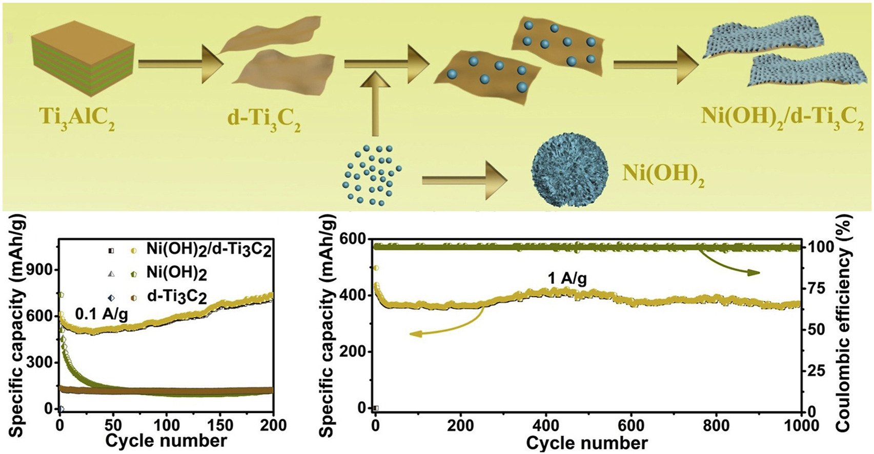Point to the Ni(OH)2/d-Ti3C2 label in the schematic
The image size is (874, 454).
point(782,119)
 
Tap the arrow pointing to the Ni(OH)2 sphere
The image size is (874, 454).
point(464,180)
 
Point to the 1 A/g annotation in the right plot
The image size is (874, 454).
point(566,279)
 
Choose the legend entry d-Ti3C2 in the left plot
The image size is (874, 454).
point(176,297)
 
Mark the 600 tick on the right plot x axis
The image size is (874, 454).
point(631,425)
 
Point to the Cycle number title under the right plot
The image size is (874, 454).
point(587,443)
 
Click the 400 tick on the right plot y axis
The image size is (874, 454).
point(357,296)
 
